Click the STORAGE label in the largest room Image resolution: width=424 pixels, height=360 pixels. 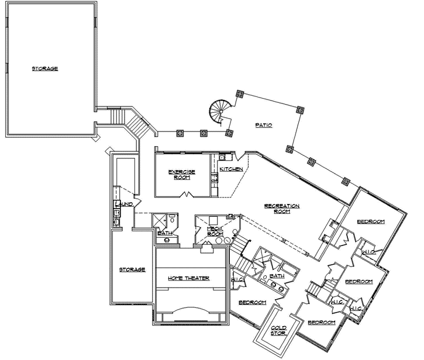[x=45, y=69]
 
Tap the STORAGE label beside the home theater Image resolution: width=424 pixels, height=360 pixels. [x=132, y=269]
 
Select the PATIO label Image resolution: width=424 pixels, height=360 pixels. [x=264, y=125]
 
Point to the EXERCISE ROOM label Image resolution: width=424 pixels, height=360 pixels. [x=181, y=174]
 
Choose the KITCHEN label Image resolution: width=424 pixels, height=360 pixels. [x=231, y=169]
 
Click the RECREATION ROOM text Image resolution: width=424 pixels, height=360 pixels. [x=282, y=209]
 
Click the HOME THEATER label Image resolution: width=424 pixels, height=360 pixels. [x=188, y=278]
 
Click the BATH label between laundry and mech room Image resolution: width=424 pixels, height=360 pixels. [x=164, y=233]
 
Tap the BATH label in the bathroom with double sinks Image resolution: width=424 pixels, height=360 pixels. [x=277, y=275]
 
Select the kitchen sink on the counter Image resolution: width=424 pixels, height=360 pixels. [x=223, y=157]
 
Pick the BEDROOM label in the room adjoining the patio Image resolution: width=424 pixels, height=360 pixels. [x=371, y=221]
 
